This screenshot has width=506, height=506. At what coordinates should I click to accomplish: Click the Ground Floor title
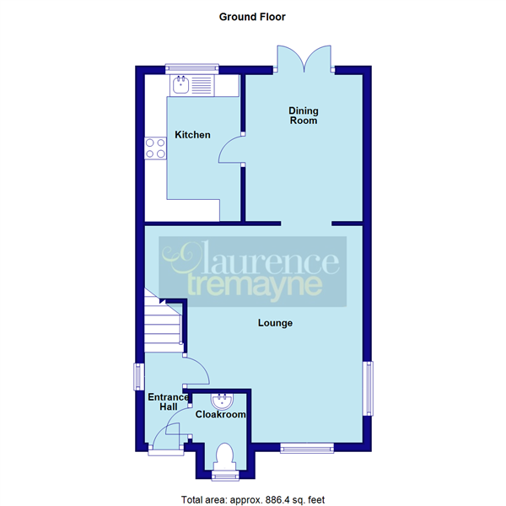(x=252, y=16)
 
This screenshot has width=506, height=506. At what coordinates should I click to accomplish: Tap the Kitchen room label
(x=192, y=135)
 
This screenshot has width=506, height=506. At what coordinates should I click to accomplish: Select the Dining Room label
(x=304, y=116)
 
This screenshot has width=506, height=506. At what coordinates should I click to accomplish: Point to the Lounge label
(x=275, y=322)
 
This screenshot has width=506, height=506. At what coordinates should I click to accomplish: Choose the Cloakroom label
(x=220, y=415)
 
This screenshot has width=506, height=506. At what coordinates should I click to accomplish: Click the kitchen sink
(x=191, y=84)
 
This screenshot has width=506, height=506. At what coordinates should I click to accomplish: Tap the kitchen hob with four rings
(x=155, y=148)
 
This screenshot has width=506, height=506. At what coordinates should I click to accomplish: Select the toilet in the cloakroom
(x=224, y=456)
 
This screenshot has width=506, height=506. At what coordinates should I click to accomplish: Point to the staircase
(x=162, y=325)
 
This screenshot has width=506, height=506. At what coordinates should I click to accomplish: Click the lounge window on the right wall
(x=368, y=388)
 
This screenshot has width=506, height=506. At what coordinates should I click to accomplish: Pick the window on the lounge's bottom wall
(x=306, y=447)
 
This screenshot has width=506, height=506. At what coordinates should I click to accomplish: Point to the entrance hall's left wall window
(x=138, y=376)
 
